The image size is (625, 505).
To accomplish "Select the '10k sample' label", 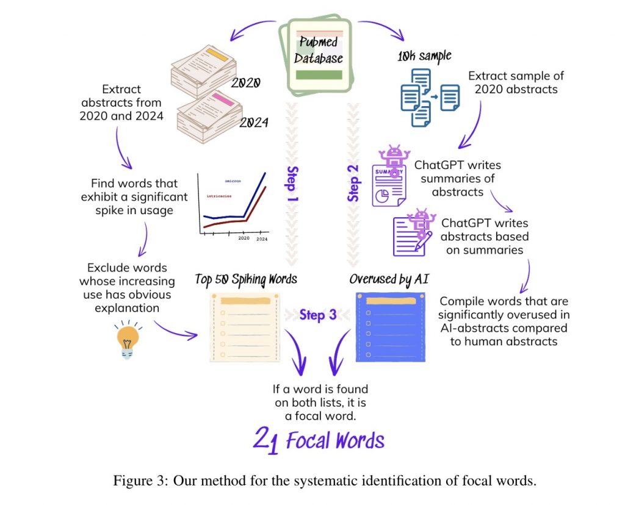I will pyautogui.click(x=424, y=57).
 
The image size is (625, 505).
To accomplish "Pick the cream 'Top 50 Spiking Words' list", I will pyautogui.click(x=244, y=327).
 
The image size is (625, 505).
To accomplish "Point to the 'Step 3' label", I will pyautogui.click(x=317, y=315).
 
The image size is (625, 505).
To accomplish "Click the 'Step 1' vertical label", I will pyautogui.click(x=292, y=182).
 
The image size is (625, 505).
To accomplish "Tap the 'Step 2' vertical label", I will pyautogui.click(x=353, y=182).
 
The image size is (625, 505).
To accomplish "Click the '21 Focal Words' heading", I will pyautogui.click(x=319, y=440).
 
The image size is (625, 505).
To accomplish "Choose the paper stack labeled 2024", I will pyautogui.click(x=208, y=113).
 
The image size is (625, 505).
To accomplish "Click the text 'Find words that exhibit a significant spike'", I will pyautogui.click(x=134, y=196).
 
